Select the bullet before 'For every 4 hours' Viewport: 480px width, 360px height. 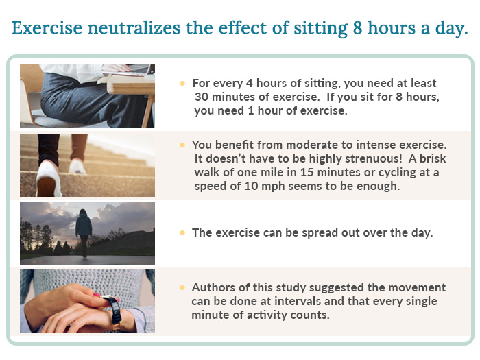[x=182, y=83]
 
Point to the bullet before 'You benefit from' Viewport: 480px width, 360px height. [x=182, y=145]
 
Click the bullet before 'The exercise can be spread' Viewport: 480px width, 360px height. [x=182, y=232]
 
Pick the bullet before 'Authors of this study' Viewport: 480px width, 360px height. [x=182, y=287]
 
